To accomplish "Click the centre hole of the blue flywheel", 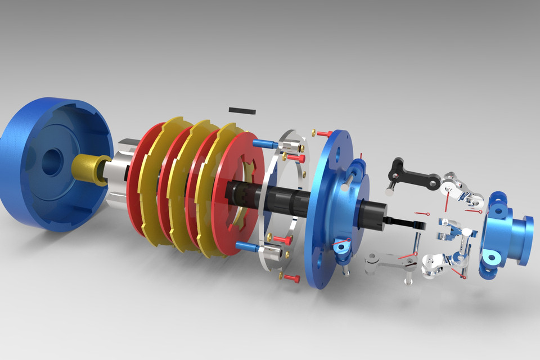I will point(51,161).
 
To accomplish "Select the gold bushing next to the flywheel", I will point(90,169).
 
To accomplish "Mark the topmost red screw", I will point(323,134).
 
